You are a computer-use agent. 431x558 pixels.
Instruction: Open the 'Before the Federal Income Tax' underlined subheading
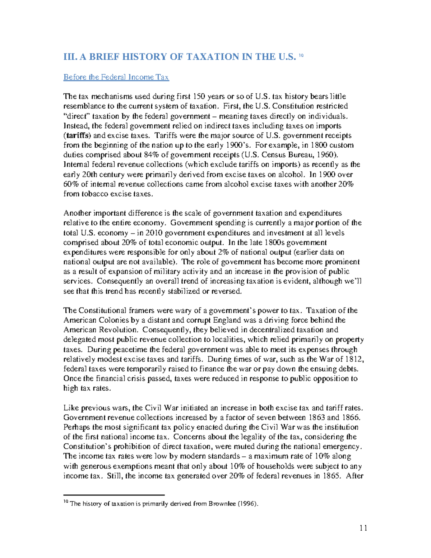pos(116,77)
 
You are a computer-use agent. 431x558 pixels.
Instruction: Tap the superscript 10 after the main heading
pos(301,55)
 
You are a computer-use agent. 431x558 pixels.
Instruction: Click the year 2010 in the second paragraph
pos(156,233)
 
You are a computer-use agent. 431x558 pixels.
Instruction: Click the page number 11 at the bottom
pos(363,528)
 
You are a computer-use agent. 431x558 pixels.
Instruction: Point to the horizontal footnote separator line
pos(113,495)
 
